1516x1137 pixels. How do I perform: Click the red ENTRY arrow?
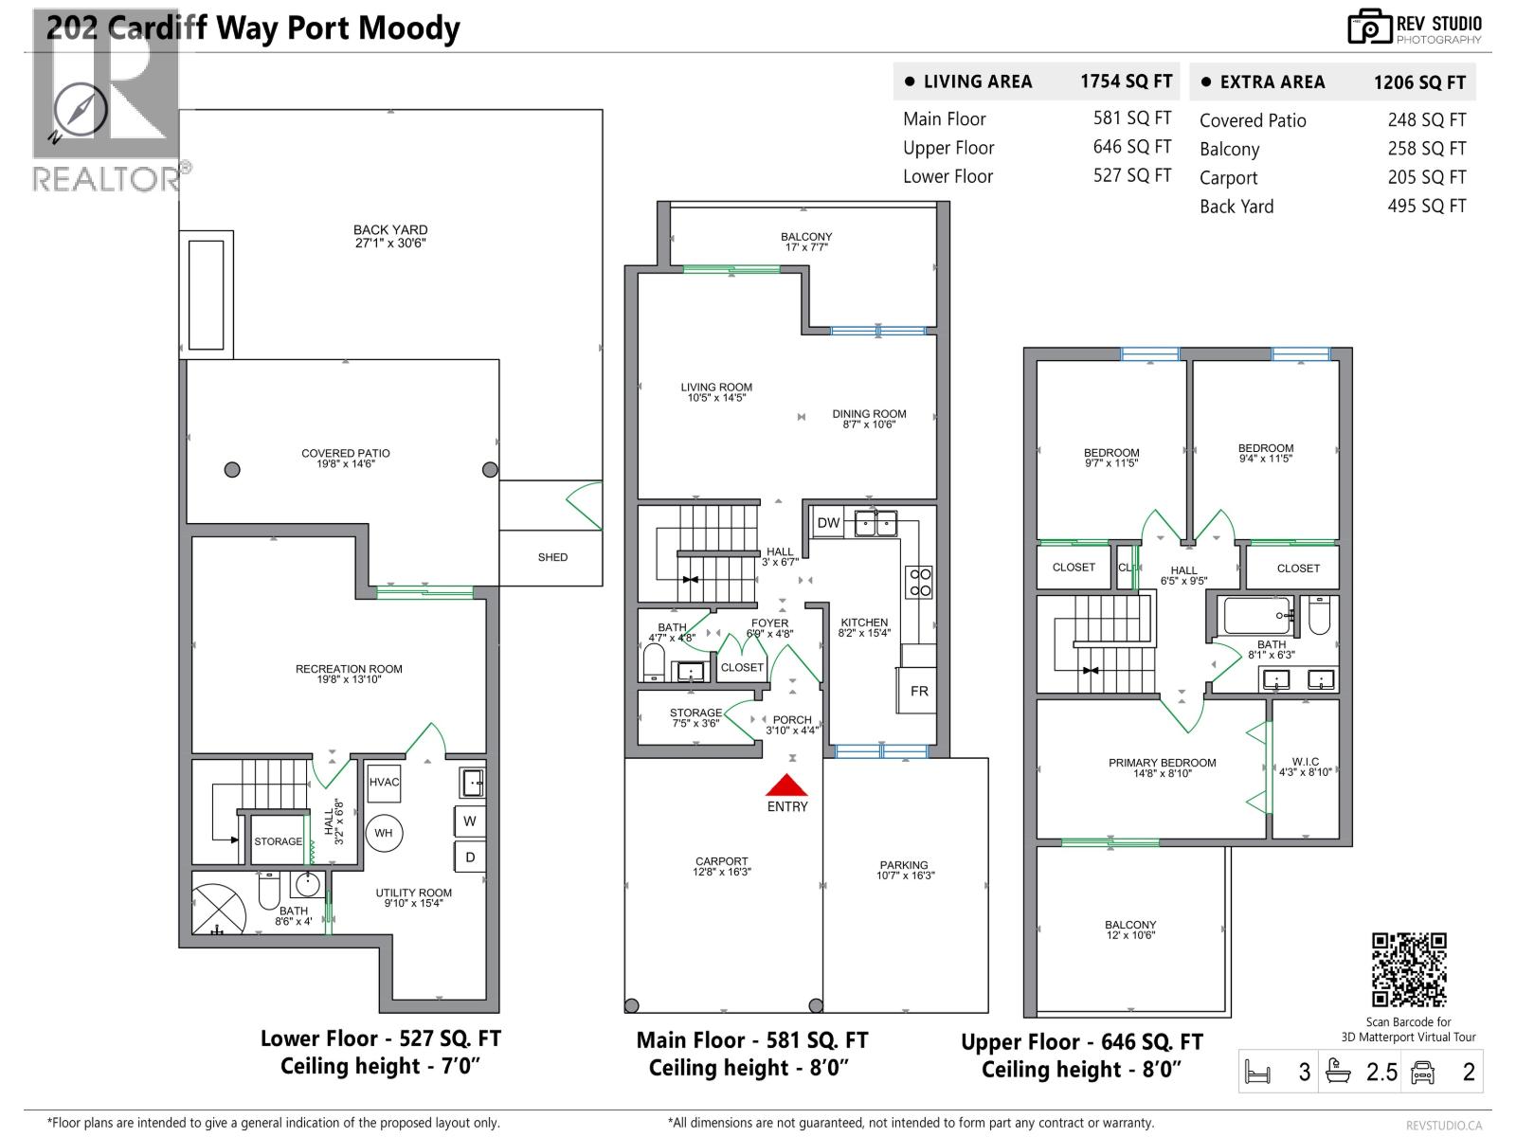click(786, 785)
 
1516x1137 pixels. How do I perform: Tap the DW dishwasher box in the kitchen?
click(828, 522)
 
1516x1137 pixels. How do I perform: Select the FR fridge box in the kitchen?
click(918, 691)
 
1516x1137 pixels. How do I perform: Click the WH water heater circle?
click(384, 834)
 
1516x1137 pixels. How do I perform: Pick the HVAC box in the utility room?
click(384, 783)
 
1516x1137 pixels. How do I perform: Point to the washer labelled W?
click(470, 821)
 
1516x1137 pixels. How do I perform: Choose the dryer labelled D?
click(470, 857)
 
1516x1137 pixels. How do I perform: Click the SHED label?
click(552, 557)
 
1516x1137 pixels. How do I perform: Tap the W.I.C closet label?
click(1305, 762)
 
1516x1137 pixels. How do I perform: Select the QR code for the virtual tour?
click(1409, 969)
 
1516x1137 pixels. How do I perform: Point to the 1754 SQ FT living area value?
click(1126, 81)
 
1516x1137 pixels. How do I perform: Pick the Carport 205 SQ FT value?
click(1426, 177)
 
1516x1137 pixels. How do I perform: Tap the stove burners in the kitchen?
click(920, 582)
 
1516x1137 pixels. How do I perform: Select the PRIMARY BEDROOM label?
click(1162, 763)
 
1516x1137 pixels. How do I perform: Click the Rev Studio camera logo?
click(1369, 27)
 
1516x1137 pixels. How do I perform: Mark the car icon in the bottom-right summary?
click(1423, 1073)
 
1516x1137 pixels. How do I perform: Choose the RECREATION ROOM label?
click(349, 669)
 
